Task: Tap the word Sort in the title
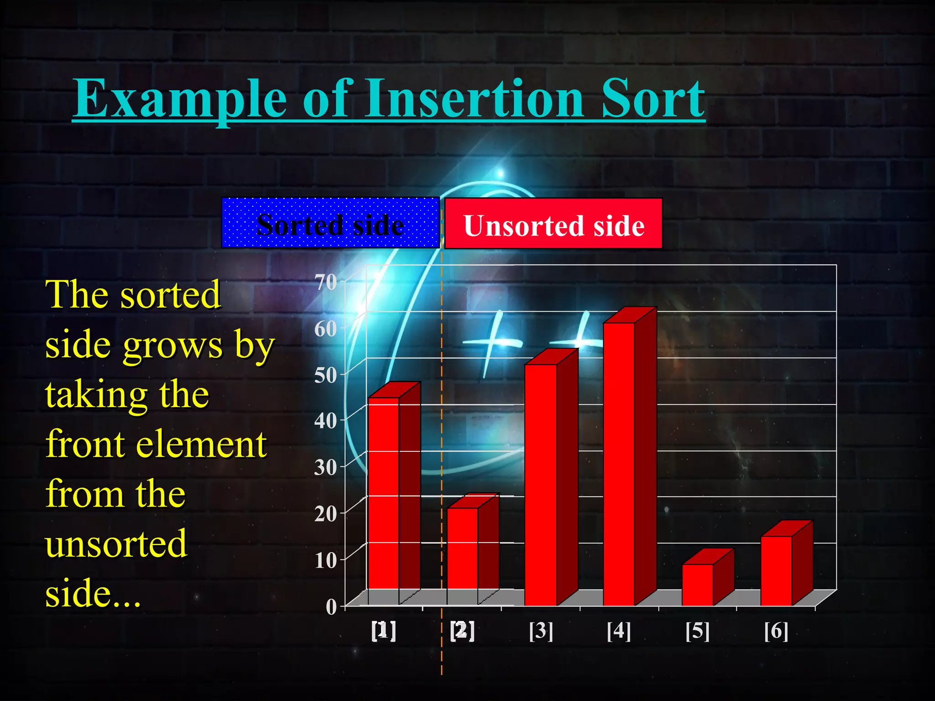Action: pos(653,98)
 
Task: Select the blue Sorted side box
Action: pos(330,223)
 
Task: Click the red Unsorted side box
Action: pos(553,224)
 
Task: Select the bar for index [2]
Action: pos(462,555)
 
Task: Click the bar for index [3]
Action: pos(541,484)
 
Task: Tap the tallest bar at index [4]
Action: pos(619,463)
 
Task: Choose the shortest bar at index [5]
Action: pos(698,584)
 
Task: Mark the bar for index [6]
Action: pos(776,570)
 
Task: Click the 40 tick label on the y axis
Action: pos(326,420)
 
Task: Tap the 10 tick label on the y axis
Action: pos(326,560)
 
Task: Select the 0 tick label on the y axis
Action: pos(331,607)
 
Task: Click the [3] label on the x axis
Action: pos(541,631)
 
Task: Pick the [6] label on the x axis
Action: pos(776,631)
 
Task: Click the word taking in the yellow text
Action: pos(95,395)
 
